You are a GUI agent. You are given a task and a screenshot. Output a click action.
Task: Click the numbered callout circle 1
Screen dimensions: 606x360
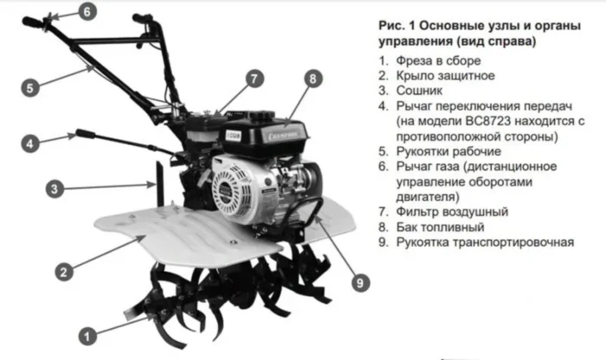coord(87,336)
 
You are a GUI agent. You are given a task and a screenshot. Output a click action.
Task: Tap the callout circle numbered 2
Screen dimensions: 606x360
coord(64,272)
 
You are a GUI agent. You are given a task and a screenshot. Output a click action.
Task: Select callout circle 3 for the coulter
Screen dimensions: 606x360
coord(55,189)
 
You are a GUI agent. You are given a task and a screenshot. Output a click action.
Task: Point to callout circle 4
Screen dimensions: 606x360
coord(30,144)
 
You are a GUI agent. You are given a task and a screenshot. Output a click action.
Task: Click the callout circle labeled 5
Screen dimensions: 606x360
coord(30,87)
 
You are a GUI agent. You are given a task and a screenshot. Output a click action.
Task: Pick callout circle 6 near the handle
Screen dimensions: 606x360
coord(87,11)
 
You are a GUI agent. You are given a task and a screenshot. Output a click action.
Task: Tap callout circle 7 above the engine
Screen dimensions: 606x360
coord(254,79)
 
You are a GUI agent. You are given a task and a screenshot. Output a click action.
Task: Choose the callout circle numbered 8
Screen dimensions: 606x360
coord(313,79)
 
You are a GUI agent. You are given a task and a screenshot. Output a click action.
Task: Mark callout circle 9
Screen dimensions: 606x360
coord(360,283)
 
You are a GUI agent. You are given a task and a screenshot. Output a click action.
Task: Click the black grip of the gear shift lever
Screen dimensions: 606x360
coord(86,134)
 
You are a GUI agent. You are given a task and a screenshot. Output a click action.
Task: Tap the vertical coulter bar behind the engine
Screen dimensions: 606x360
coord(159,183)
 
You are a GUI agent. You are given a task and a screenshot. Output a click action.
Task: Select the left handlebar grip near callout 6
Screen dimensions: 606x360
coord(33,22)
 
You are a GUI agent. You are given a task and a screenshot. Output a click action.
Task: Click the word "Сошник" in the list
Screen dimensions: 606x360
coord(419,91)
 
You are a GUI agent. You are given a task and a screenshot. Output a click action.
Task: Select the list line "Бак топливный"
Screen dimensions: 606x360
coord(440,227)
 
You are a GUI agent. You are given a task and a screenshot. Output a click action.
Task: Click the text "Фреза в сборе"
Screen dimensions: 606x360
coord(439,61)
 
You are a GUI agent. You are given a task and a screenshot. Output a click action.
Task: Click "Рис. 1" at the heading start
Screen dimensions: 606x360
coord(396,25)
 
